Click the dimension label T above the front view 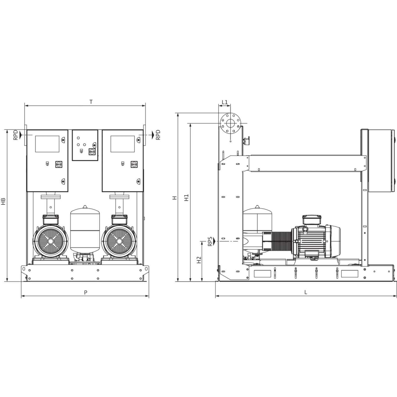tap(91, 102)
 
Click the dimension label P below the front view tap(85, 292)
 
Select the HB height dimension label tap(3, 202)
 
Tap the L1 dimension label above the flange tap(225, 102)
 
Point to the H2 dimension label tap(199, 260)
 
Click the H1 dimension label tap(187, 198)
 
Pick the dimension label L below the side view tap(306, 292)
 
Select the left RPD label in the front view tap(16, 135)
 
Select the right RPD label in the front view tap(158, 135)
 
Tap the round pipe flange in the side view tap(231, 123)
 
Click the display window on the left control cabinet tap(47, 144)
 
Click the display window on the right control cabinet tap(123, 144)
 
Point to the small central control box tap(85, 145)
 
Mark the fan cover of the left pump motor tap(50, 241)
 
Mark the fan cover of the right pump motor tap(119, 241)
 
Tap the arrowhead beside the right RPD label tap(153, 135)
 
